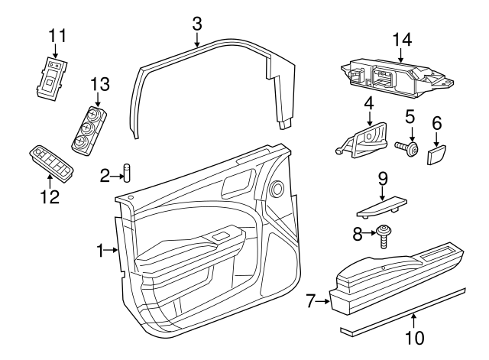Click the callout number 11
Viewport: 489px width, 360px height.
(57, 35)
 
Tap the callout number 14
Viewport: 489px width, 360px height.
(402, 39)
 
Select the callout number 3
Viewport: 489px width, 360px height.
(196, 24)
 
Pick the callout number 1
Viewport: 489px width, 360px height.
(100, 249)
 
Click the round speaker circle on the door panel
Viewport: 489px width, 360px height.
(277, 187)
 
